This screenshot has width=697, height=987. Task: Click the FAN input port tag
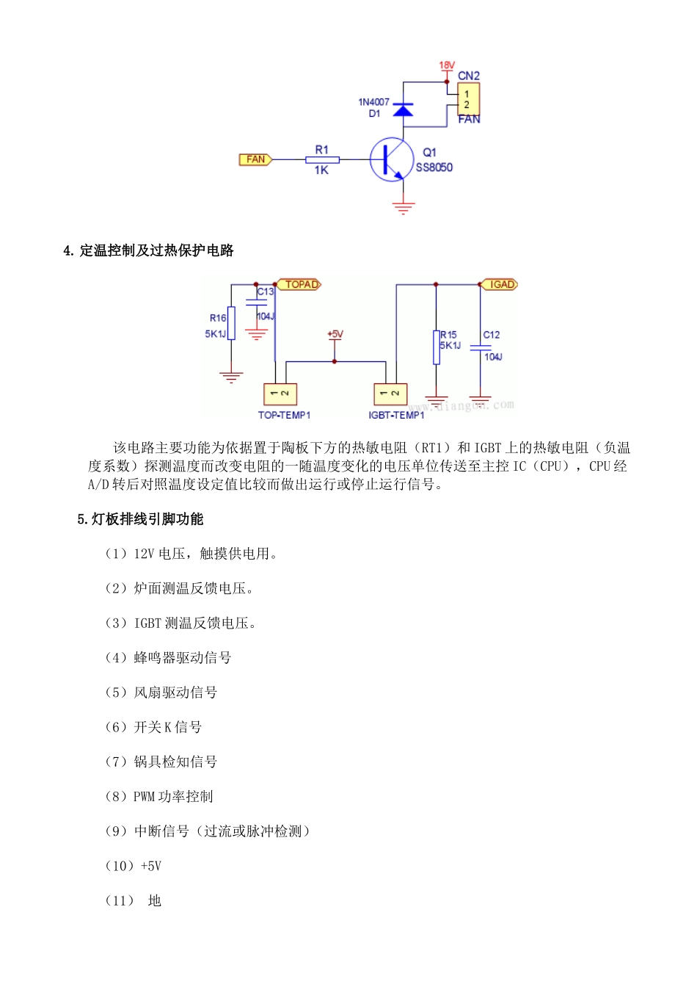[255, 159]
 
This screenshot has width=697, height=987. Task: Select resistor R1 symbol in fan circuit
[322, 159]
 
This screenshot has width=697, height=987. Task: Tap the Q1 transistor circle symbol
[388, 159]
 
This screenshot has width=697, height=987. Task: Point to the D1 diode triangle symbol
[403, 110]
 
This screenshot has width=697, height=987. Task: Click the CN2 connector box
[468, 99]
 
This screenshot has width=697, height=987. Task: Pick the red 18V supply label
[447, 65]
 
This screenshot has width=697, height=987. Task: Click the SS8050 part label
[434, 167]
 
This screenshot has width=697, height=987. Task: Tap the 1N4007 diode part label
[373, 102]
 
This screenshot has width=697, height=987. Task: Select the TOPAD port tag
[299, 284]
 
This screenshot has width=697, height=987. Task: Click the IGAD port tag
[500, 284]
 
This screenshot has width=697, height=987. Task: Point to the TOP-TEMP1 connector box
[280, 394]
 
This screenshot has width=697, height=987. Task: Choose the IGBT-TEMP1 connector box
[390, 394]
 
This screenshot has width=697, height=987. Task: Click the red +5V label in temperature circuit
[335, 334]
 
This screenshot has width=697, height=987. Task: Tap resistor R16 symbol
[231, 323]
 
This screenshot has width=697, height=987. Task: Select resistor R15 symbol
[437, 347]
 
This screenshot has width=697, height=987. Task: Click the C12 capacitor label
[492, 335]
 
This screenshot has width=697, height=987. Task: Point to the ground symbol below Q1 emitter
[404, 207]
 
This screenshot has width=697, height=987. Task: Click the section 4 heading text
[148, 250]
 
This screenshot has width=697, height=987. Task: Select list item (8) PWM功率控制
[159, 797]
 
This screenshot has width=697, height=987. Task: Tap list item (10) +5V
[134, 866]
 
